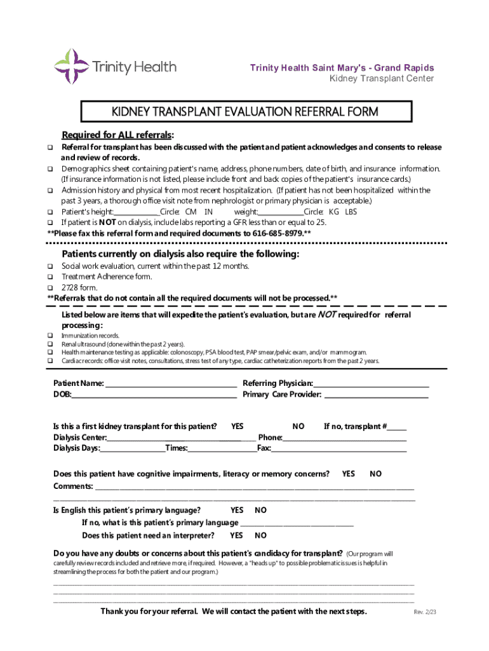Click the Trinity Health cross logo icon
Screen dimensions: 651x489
click(70, 66)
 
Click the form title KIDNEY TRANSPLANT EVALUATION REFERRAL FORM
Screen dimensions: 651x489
click(245, 113)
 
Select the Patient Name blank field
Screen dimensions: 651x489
click(171, 384)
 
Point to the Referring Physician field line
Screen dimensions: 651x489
click(371, 384)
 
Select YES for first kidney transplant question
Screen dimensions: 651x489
click(237, 427)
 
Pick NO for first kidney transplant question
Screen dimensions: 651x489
click(298, 427)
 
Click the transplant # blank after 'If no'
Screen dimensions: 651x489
click(397, 428)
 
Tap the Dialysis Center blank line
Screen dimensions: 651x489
click(181, 438)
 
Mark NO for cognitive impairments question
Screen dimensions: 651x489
click(376, 474)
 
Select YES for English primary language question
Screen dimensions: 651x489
click(237, 511)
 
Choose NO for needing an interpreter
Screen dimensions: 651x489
click(260, 535)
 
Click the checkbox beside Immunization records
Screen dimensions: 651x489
click(50, 336)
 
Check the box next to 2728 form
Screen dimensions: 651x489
click(50, 287)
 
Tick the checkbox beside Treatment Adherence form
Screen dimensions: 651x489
click(50, 277)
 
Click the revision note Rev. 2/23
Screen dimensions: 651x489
click(425, 613)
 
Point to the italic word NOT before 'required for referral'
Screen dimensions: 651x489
click(326, 315)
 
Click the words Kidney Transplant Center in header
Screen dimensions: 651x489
click(381, 79)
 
